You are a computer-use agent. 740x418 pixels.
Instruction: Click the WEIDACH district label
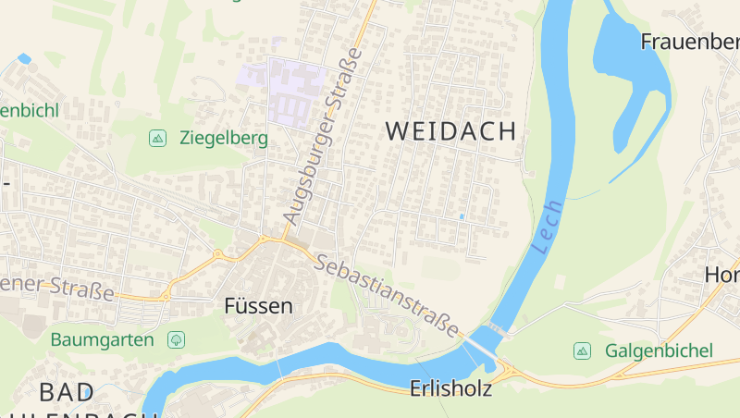pyautogui.click(x=450, y=131)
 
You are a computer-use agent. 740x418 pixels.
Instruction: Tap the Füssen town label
pyautogui.click(x=258, y=305)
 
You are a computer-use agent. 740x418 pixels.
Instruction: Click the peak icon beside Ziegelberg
pyautogui.click(x=157, y=139)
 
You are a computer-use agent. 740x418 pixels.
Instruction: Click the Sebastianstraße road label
pyautogui.click(x=387, y=294)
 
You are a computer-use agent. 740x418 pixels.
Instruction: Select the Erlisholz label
pyautogui.click(x=450, y=390)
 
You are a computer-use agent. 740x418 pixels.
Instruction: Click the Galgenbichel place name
pyautogui.click(x=659, y=350)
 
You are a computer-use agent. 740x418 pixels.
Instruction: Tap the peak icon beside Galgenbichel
pyautogui.click(x=582, y=350)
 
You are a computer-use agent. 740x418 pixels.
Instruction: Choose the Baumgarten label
pyautogui.click(x=102, y=339)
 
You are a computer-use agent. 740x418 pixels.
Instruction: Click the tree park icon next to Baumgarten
pyautogui.click(x=176, y=339)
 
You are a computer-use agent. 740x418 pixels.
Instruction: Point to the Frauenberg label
pyautogui.click(x=689, y=42)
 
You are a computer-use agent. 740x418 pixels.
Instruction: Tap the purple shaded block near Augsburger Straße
pyautogui.click(x=293, y=92)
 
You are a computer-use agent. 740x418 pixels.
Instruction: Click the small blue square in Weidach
pyautogui.click(x=462, y=216)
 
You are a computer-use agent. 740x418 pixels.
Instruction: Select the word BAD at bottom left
pyautogui.click(x=66, y=390)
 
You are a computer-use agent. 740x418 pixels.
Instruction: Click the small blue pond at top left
pyautogui.click(x=24, y=58)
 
